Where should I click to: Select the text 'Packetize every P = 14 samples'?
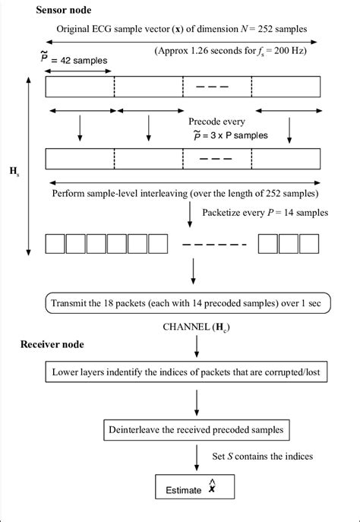coord(265,212)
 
